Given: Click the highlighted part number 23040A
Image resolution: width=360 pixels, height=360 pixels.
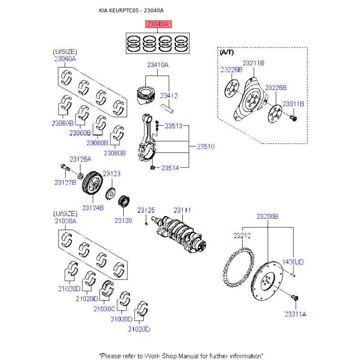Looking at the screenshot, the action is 158,24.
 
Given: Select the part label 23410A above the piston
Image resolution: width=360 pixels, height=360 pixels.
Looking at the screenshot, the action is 158,65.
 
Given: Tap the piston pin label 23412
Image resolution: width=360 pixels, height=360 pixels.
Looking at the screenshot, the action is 169,95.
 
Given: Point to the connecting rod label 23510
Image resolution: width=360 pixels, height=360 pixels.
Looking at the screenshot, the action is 206,147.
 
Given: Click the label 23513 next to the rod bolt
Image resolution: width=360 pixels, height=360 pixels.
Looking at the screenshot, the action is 174,126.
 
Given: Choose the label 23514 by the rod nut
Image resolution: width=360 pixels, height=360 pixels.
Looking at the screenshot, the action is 170,168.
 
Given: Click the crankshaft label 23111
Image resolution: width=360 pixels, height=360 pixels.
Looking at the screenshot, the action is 182,210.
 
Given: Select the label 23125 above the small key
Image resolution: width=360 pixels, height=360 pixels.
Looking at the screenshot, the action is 146,210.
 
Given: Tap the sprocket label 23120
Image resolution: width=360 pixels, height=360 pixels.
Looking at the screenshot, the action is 123,220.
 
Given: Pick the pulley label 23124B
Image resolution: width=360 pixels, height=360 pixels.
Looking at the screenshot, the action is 93,208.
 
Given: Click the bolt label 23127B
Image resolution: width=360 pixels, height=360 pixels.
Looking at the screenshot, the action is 65,183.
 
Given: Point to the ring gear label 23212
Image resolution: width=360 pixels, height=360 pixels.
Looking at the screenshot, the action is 242,235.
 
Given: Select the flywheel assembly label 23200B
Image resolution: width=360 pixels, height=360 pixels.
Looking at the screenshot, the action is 267,216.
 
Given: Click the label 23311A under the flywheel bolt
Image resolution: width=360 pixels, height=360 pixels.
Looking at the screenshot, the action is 296,314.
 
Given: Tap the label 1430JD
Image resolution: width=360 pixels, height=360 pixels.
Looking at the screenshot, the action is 293,262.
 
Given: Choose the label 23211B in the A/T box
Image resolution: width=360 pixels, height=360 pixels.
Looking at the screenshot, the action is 253,63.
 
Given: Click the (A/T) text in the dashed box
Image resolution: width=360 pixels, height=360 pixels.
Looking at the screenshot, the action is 227,52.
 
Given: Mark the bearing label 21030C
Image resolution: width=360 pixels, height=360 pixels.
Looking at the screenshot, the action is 104,309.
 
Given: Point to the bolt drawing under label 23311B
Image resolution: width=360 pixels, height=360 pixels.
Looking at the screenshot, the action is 294,118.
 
